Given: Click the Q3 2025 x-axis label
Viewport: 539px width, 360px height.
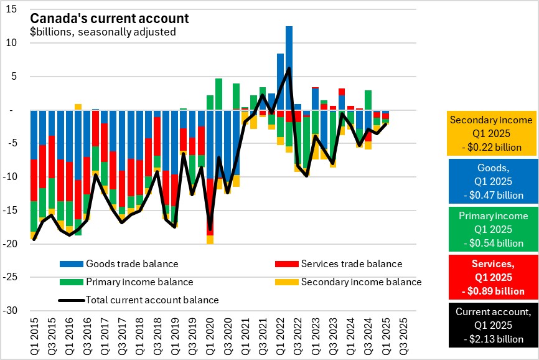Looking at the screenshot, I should (404, 336).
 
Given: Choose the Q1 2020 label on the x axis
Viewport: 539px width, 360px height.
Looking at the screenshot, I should (210, 336).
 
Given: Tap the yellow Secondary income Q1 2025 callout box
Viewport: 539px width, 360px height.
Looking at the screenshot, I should (491, 133).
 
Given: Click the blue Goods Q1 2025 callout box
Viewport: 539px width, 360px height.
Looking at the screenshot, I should (491, 181).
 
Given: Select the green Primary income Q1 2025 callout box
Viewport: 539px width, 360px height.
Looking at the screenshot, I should (491, 229).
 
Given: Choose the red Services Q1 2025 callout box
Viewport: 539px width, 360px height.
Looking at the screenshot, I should (491, 277).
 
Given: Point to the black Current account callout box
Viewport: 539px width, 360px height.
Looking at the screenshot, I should (491, 325).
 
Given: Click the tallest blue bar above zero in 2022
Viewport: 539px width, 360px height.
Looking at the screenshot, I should (289, 68).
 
